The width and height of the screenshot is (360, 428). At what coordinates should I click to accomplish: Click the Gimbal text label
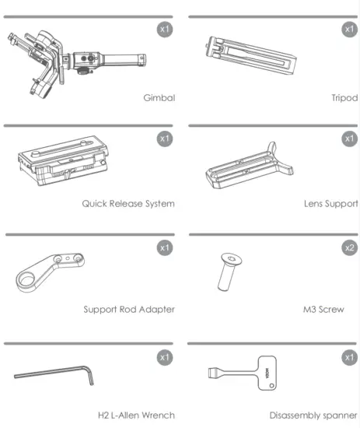[x=159, y=99]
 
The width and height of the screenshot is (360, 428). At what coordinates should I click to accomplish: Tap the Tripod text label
[x=344, y=99]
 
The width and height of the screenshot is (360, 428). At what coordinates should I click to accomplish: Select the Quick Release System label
[x=128, y=204]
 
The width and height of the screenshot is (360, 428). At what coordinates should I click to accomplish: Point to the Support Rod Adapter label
[x=129, y=309]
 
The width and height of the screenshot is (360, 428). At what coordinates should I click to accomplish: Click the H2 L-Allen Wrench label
[x=137, y=415]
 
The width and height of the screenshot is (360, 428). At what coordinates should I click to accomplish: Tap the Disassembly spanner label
[x=314, y=415]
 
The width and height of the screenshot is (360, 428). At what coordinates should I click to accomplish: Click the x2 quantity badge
[x=349, y=248]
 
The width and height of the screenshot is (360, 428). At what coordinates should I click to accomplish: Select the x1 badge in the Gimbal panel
[x=164, y=30]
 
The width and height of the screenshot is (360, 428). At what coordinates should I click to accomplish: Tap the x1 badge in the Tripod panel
[x=349, y=30]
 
